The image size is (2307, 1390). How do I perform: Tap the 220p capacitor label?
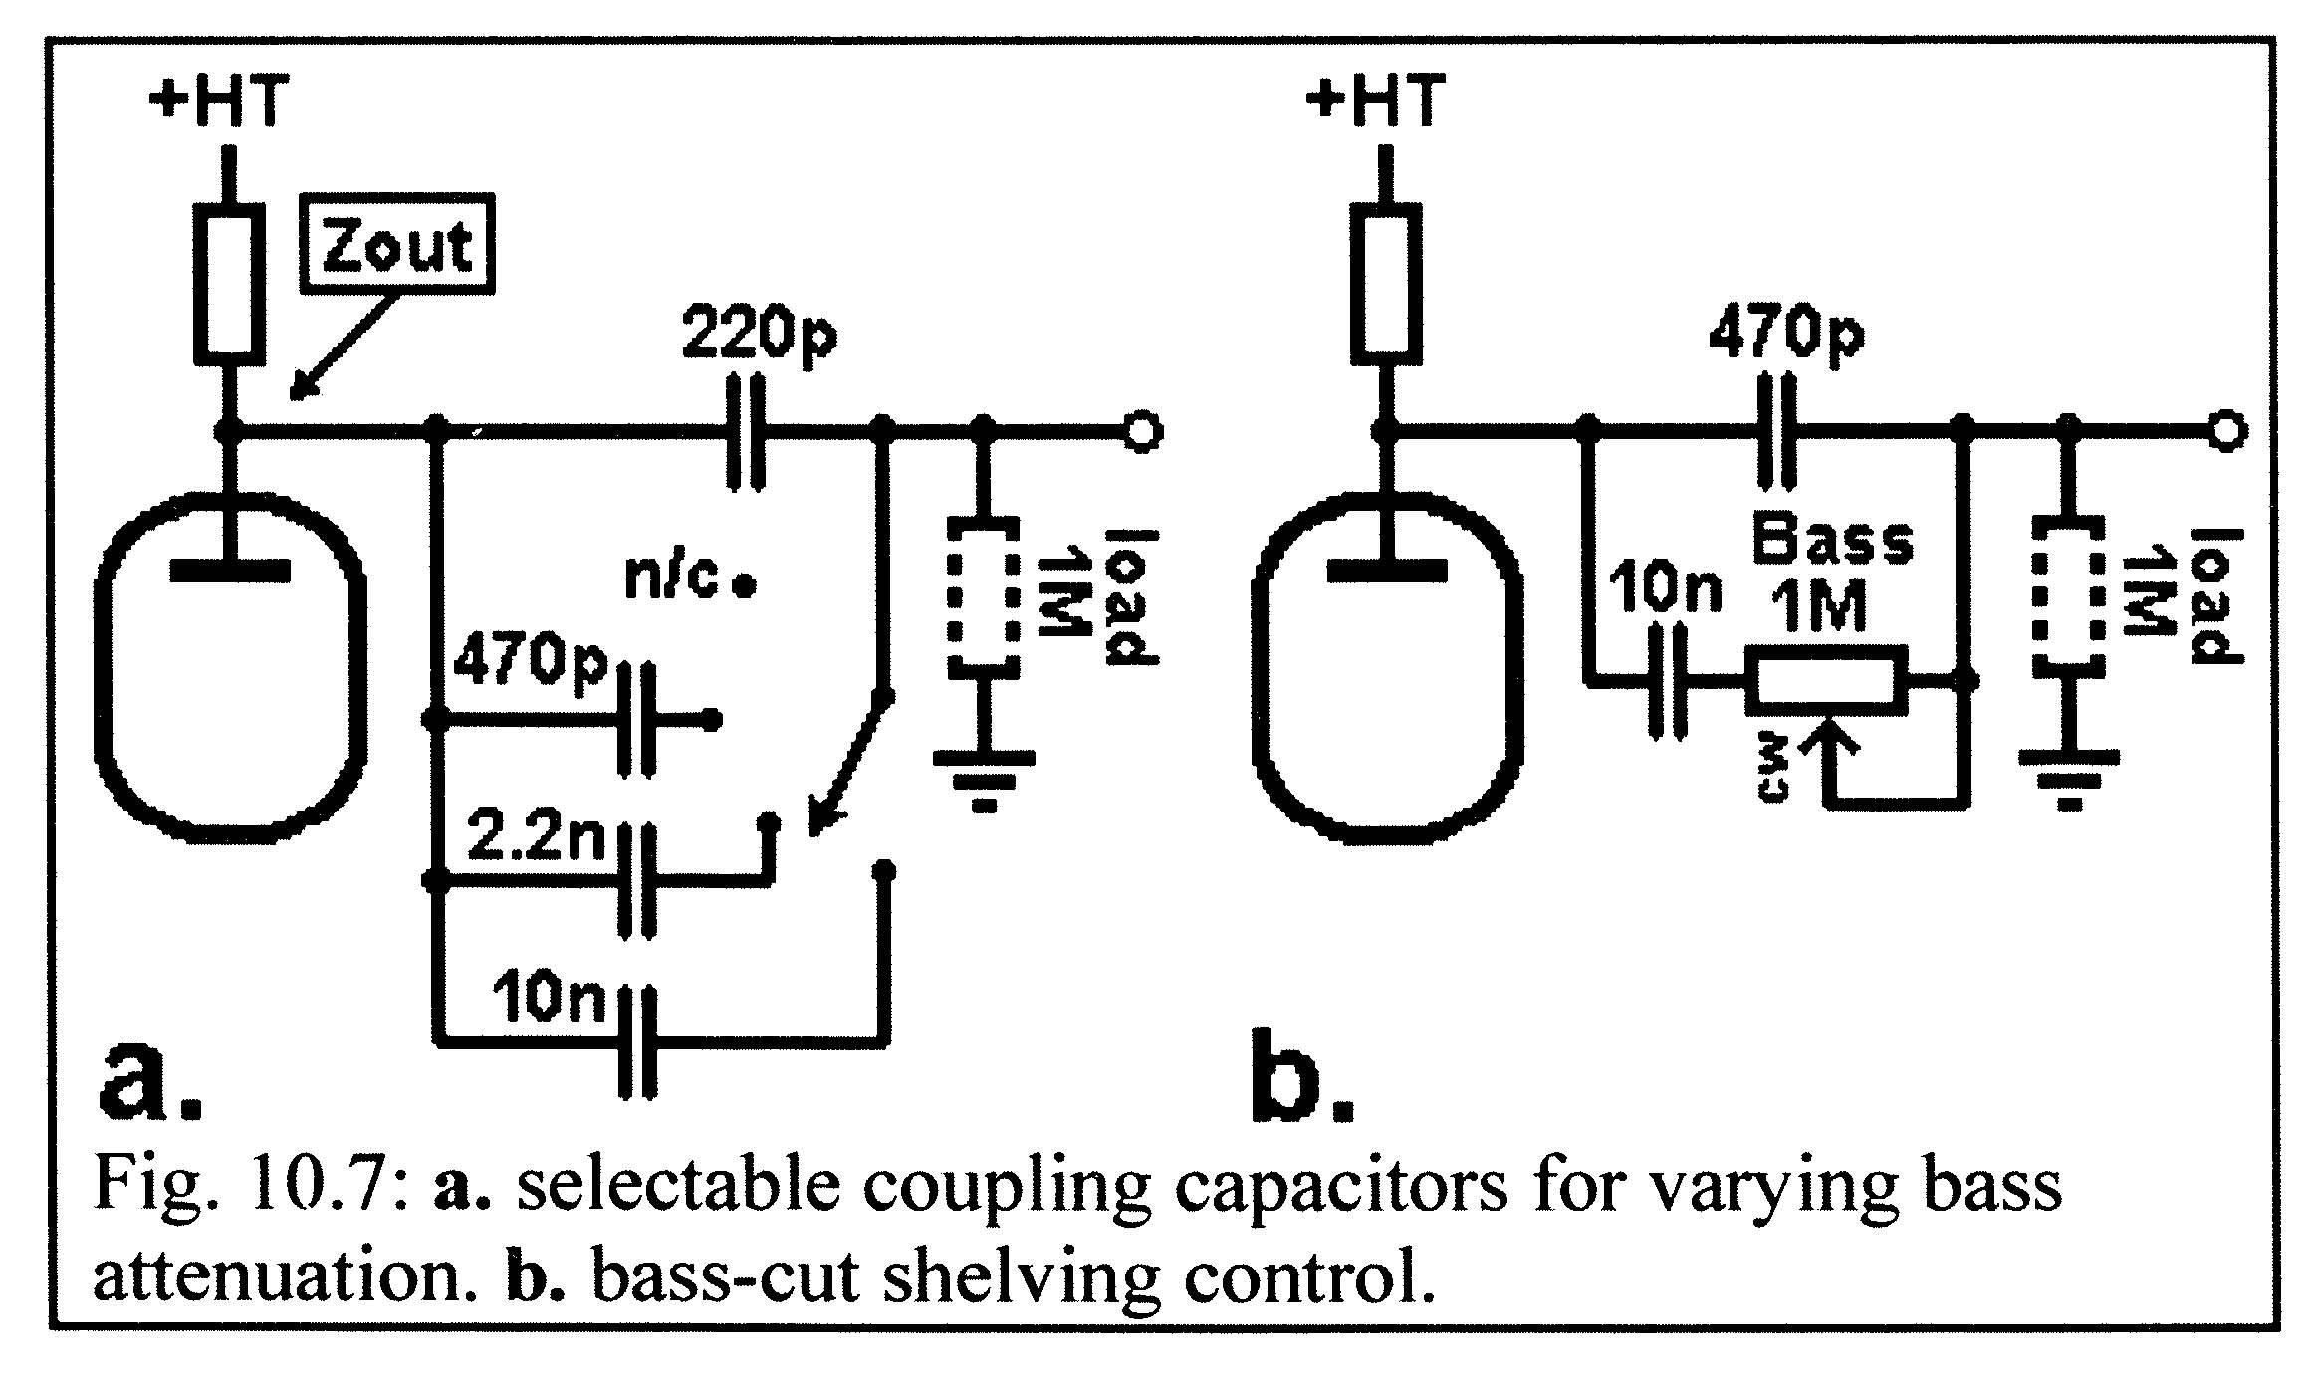click(760, 334)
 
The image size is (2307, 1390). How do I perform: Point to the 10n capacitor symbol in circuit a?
click(638, 1043)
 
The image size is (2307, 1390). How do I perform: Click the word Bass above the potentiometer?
click(1833, 543)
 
